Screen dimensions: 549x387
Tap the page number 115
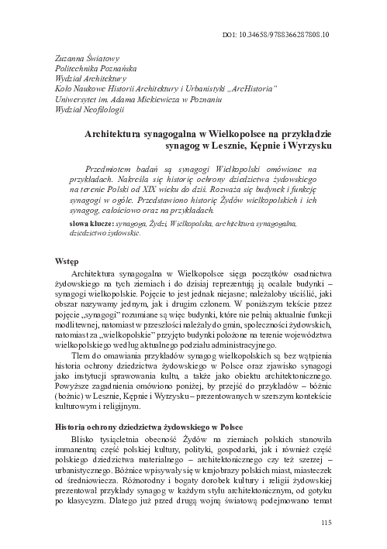click(326, 523)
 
